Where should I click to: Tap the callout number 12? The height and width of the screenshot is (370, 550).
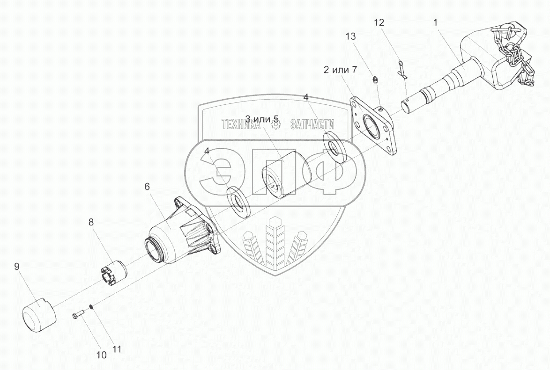[x=379, y=22]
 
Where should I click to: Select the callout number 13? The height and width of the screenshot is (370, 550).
[x=350, y=36]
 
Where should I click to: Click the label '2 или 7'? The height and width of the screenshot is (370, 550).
[x=340, y=71]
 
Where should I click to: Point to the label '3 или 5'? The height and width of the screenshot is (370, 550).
[x=262, y=119]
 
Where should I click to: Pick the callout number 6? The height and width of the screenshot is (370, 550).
[x=147, y=187]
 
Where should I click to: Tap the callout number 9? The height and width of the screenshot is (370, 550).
[x=17, y=267]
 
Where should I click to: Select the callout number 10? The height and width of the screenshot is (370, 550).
[x=101, y=355]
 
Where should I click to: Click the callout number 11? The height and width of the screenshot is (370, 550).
[x=117, y=348]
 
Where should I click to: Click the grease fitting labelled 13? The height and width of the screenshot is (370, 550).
[x=375, y=80]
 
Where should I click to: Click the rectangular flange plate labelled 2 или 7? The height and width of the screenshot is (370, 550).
[x=373, y=126]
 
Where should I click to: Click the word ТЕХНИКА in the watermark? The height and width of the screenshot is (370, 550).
[x=240, y=124]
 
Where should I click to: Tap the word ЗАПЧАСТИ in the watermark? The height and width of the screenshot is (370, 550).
[x=312, y=124]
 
